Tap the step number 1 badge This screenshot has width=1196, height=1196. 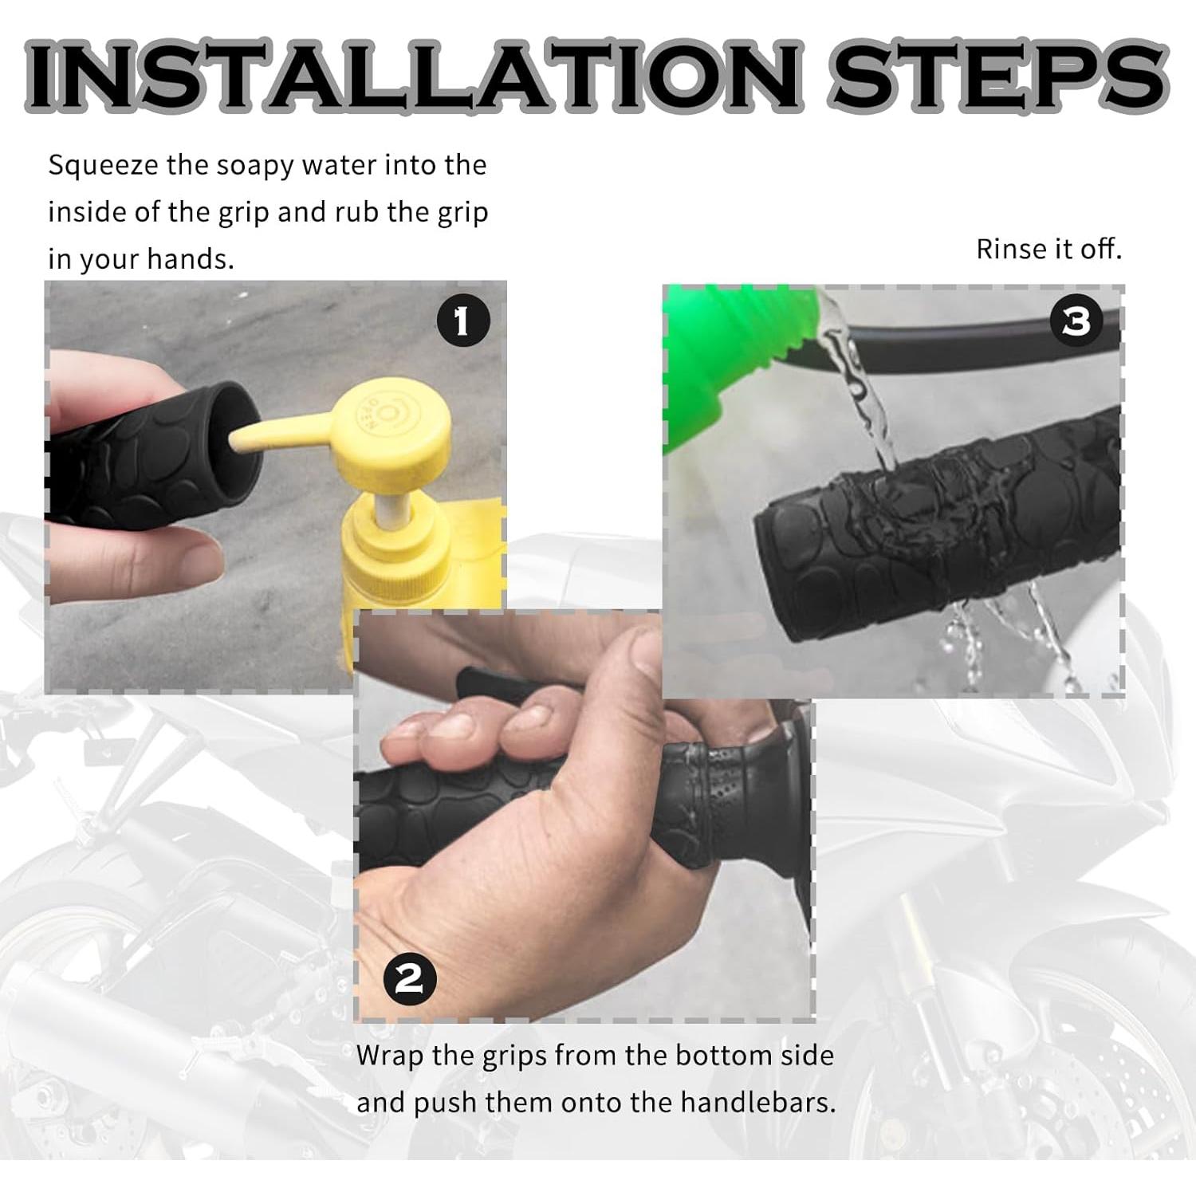[462, 321]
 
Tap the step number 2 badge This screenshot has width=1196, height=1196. [410, 978]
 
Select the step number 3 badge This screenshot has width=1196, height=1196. [1076, 321]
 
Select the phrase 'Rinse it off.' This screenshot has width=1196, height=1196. [1048, 250]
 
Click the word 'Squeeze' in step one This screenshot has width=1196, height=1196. [103, 166]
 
